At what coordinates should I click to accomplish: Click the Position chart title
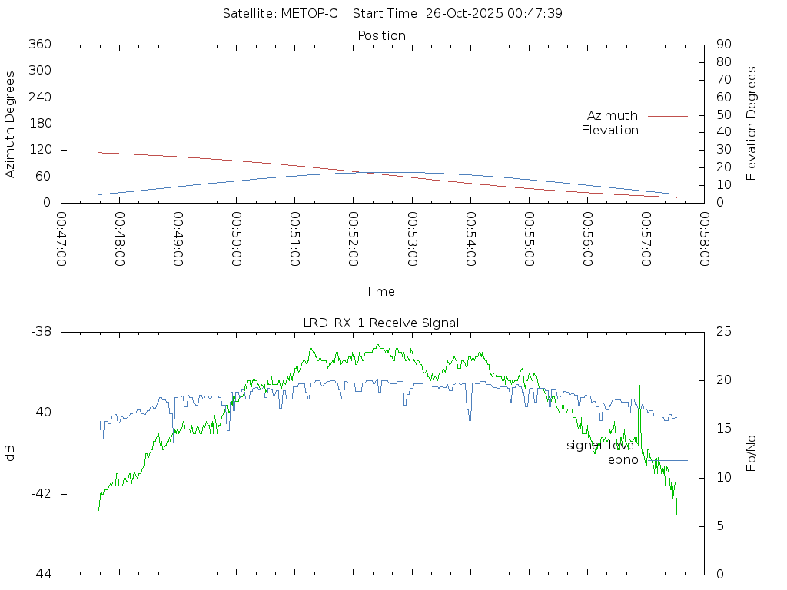[382, 36]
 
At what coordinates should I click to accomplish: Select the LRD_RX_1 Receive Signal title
[381, 323]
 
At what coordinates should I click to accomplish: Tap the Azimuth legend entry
[613, 116]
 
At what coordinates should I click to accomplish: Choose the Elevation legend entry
[609, 131]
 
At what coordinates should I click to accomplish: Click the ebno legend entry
[623, 460]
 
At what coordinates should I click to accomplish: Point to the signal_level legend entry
[601, 446]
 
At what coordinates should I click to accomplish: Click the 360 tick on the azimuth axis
[40, 45]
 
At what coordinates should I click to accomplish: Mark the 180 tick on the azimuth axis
[40, 124]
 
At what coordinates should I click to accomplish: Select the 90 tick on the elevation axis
[722, 45]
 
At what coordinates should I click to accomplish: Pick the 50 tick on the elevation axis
[722, 115]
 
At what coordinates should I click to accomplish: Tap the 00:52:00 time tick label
[353, 239]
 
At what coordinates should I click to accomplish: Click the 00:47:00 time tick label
[61, 239]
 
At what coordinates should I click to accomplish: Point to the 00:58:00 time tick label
[703, 239]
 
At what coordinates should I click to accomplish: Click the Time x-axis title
[380, 292]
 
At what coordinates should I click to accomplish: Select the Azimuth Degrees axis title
[11, 124]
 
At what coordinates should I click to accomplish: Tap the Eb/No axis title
[752, 453]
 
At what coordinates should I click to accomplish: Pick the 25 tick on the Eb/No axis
[722, 332]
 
